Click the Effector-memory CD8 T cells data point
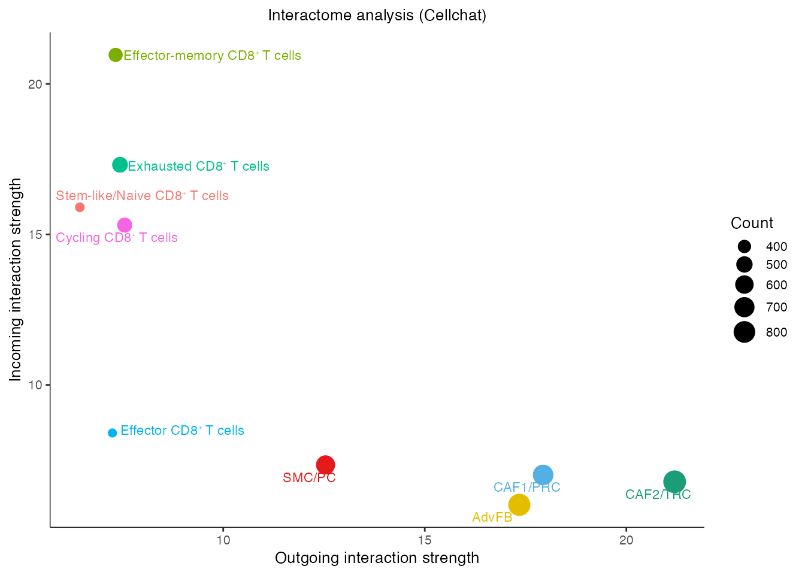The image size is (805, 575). pyautogui.click(x=116, y=55)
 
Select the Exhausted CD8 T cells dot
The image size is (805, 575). pyautogui.click(x=120, y=165)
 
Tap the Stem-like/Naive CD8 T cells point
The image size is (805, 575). pyautogui.click(x=80, y=207)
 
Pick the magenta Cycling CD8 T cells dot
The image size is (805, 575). pyautogui.click(x=125, y=225)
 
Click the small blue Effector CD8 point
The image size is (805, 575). pyautogui.click(x=112, y=433)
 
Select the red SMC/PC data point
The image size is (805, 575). pyautogui.click(x=325, y=465)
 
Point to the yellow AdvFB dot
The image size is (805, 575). pyautogui.click(x=519, y=505)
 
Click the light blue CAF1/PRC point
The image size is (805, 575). pyautogui.click(x=543, y=476)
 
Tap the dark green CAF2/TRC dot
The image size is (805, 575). pyautogui.click(x=674, y=481)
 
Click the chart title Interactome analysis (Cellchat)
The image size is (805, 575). pyautogui.click(x=377, y=15)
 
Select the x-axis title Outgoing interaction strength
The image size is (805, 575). pyautogui.click(x=377, y=558)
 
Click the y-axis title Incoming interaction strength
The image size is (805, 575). pyautogui.click(x=16, y=280)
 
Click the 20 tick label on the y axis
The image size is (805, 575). pyautogui.click(x=35, y=84)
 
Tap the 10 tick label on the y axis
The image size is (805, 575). pyautogui.click(x=35, y=385)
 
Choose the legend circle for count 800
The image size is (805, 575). pyautogui.click(x=745, y=332)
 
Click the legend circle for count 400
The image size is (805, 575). pyautogui.click(x=745, y=247)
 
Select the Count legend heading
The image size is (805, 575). pyautogui.click(x=752, y=223)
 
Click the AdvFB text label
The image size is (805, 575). pyautogui.click(x=492, y=517)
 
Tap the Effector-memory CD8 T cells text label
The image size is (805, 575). pyautogui.click(x=212, y=56)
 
